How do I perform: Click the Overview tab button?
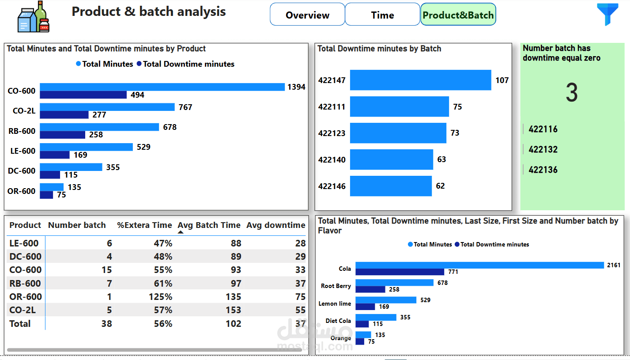[307, 15]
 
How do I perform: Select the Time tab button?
[382, 15]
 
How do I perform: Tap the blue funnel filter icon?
[608, 15]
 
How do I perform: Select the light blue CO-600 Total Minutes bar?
[162, 87]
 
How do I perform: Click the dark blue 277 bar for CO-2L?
[64, 115]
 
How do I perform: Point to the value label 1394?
[296, 87]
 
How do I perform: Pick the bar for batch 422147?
[420, 80]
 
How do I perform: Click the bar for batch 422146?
[391, 186]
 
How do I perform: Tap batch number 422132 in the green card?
[543, 149]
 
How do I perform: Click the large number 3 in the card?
[572, 93]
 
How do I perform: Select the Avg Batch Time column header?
[209, 225]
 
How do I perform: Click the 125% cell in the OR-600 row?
[163, 297]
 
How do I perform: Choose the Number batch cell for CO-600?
[106, 270]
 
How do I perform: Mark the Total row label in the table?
[20, 324]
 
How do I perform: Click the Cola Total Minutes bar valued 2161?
[479, 265]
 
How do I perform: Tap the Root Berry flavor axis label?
[336, 286]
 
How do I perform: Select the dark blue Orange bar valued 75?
[360, 341]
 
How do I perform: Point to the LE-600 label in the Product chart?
[23, 151]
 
